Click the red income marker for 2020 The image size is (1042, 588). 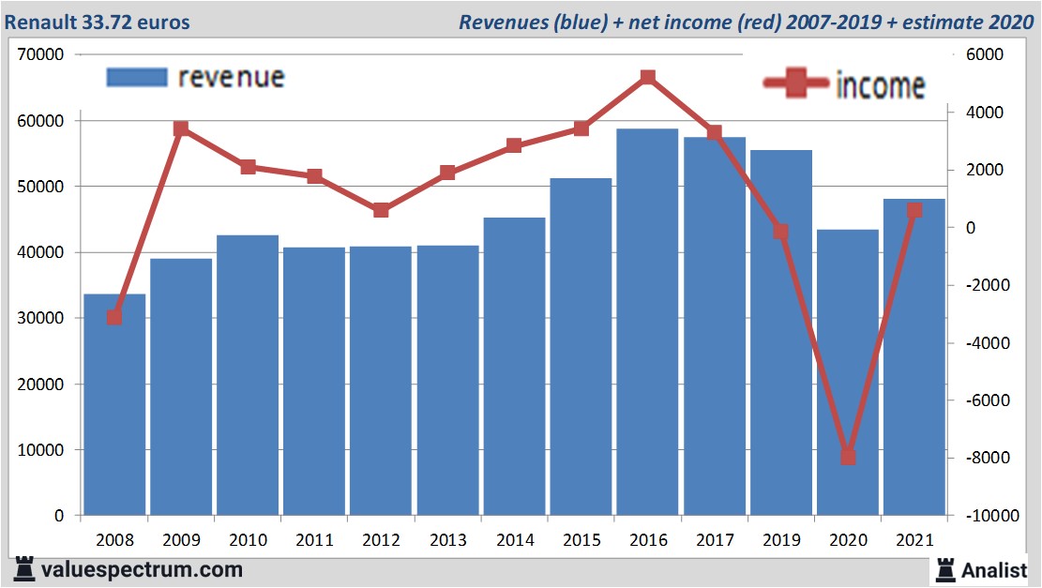(848, 457)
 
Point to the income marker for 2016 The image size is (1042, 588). (647, 78)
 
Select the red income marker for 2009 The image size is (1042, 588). (181, 128)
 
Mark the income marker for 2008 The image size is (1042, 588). (114, 317)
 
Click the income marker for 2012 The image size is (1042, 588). (381, 210)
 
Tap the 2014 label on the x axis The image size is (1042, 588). (515, 540)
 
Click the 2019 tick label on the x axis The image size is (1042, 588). (780, 540)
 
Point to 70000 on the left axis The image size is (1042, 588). (40, 55)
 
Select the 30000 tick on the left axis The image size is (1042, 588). (40, 319)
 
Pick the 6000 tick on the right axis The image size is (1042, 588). (984, 55)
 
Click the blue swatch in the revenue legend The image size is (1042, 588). (137, 77)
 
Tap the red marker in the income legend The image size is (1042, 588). (796, 84)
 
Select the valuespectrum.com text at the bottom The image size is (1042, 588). (142, 569)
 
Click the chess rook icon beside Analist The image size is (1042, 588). (946, 568)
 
